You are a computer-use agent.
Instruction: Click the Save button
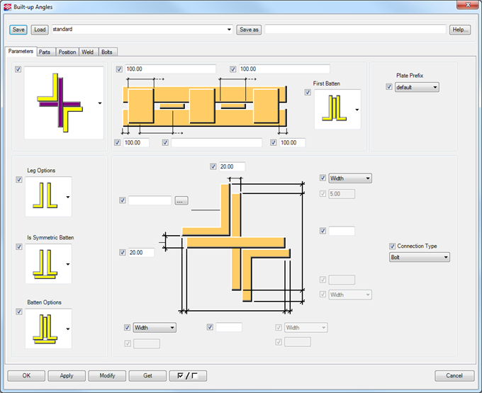(x=18, y=30)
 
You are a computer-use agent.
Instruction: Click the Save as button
(x=248, y=30)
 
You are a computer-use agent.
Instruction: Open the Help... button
(x=460, y=30)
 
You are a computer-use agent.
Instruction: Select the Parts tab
(x=45, y=52)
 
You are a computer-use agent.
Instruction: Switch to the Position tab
(x=67, y=52)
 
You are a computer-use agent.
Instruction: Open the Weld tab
(x=88, y=52)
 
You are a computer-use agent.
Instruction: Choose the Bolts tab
(x=106, y=52)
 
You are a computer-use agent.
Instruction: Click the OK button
(x=27, y=375)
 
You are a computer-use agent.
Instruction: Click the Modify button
(x=107, y=375)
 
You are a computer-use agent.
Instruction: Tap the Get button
(x=147, y=375)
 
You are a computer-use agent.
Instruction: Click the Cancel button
(x=454, y=375)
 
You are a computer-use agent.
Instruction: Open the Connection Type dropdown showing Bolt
(x=419, y=258)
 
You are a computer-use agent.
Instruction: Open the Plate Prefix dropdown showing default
(x=417, y=87)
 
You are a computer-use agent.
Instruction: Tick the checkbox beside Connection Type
(x=393, y=246)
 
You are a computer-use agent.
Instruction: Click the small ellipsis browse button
(x=181, y=201)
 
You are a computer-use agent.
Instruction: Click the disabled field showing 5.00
(x=342, y=193)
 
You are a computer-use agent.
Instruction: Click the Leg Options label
(x=41, y=171)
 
